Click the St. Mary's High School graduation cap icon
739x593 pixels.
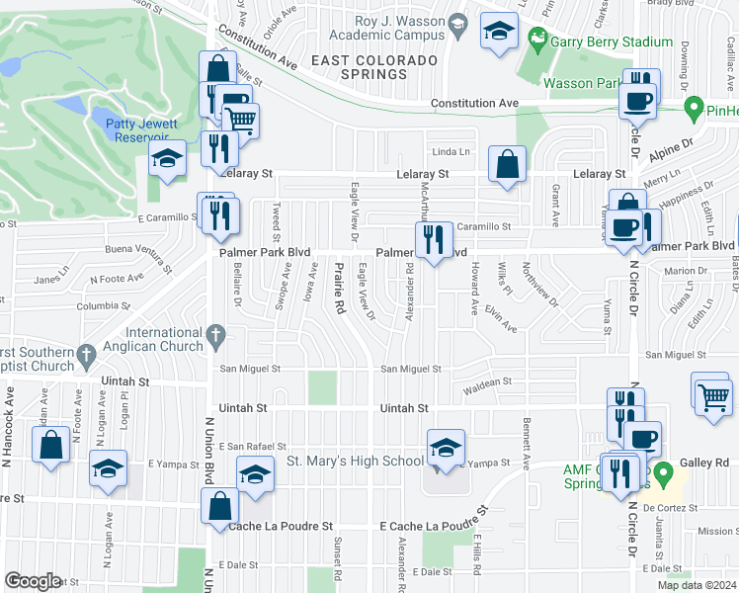click(446, 448)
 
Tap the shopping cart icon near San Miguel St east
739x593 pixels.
click(712, 397)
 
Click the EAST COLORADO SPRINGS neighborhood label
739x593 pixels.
click(373, 66)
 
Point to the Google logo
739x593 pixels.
click(33, 581)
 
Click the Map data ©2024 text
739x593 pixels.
click(697, 585)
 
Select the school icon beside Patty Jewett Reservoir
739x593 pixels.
click(168, 158)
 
